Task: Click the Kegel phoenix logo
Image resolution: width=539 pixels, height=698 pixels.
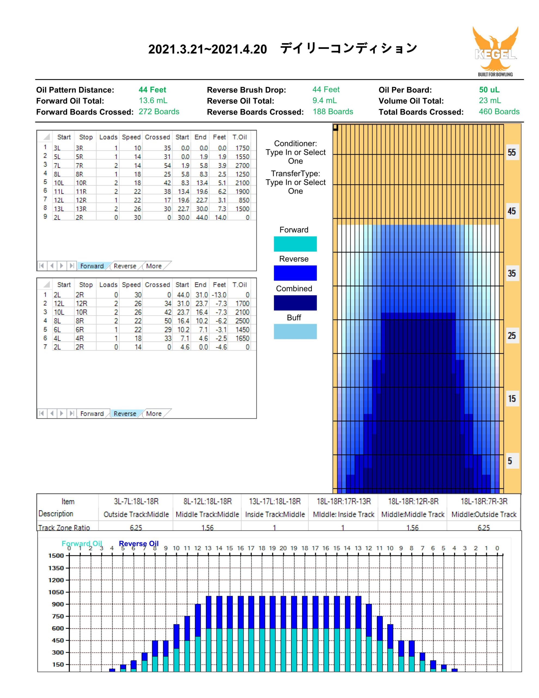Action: (495, 51)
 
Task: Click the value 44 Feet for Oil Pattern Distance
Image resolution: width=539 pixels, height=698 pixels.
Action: (152, 90)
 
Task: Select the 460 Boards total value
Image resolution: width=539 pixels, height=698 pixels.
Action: (499, 112)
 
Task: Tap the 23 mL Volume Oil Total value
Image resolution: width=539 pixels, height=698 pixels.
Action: (490, 101)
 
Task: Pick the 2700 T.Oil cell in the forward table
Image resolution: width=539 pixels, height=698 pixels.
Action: (243, 166)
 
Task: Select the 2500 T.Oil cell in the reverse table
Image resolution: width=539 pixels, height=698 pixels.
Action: (243, 321)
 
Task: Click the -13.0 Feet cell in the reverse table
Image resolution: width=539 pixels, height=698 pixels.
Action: (219, 295)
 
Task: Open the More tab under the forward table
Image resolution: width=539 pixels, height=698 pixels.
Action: (154, 266)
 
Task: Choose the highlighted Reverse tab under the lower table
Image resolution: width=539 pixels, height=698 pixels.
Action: (125, 414)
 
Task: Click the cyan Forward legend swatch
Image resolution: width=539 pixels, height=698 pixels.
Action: (295, 244)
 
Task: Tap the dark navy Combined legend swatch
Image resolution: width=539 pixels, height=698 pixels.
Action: (295, 303)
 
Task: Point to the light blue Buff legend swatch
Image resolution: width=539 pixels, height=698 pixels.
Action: (295, 332)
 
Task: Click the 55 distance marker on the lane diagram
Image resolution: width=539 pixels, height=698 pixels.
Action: (512, 152)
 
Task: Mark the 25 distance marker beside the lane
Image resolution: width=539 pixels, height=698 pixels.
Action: (512, 336)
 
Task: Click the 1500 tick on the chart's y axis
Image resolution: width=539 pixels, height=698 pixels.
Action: (56, 555)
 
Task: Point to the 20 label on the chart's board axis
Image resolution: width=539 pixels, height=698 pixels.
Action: (283, 548)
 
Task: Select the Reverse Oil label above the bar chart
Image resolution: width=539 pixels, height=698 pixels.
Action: (139, 543)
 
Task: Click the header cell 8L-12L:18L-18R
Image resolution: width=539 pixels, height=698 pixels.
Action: (207, 501)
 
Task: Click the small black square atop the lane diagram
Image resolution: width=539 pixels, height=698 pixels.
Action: (335, 127)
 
